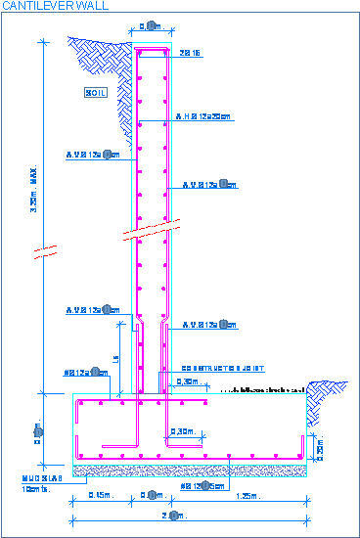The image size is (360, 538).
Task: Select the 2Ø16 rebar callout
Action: pos(191,54)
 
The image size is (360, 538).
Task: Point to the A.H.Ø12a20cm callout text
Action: pos(203,117)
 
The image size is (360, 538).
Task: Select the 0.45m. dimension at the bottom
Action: pos(99,496)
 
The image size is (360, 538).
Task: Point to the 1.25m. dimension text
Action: pos(247,496)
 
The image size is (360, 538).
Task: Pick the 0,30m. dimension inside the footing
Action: pos(181,431)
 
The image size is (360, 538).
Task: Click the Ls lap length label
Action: pos(116,360)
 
